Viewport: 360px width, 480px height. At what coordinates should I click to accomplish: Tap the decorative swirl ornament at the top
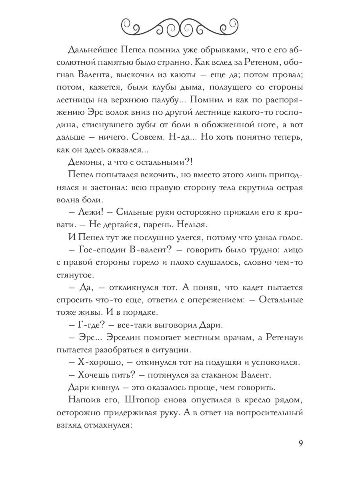(180, 27)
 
